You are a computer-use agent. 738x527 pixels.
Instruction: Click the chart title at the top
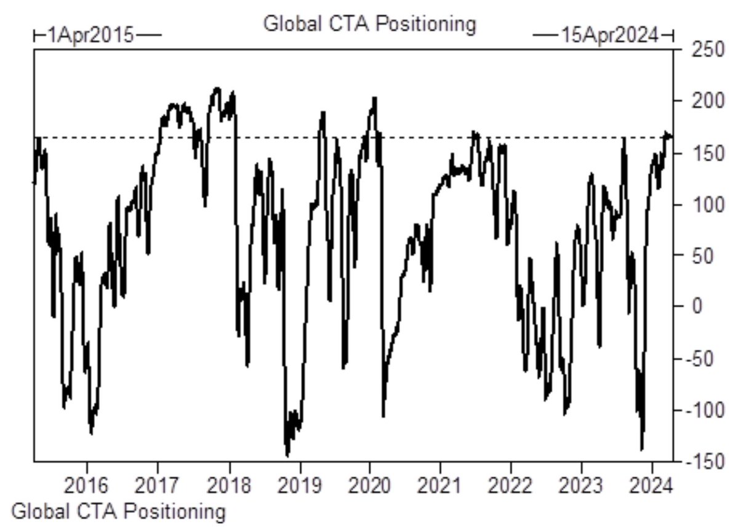[369, 24]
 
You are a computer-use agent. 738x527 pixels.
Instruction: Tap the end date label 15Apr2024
[609, 34]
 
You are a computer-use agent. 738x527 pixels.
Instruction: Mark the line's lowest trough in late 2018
[287, 456]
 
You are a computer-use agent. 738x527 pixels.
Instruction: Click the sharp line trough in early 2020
[383, 416]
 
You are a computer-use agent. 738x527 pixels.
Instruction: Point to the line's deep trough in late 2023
[642, 450]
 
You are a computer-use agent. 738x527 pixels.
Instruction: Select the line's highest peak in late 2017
[216, 88]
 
